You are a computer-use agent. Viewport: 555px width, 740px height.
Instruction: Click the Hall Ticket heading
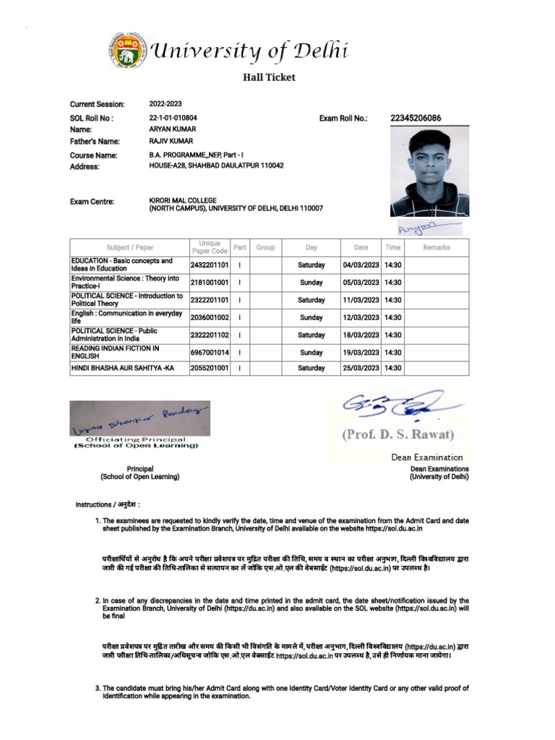tap(268, 77)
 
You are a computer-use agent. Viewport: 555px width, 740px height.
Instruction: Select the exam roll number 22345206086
tap(416, 118)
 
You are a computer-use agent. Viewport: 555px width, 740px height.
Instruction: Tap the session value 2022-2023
tap(165, 104)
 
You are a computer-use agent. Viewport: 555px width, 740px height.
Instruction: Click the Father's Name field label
tap(95, 142)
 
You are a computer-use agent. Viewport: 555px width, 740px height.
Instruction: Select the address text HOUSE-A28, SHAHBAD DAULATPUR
tap(216, 165)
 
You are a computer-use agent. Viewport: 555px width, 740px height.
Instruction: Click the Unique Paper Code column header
tap(210, 247)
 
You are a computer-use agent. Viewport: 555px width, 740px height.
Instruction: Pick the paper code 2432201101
tap(210, 265)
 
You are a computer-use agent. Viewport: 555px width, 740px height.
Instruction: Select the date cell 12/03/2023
tap(361, 317)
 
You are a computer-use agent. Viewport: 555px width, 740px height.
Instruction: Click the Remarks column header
tap(436, 247)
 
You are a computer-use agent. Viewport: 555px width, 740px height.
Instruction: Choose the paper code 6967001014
tap(210, 352)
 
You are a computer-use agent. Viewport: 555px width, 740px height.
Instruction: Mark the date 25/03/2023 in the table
tap(361, 368)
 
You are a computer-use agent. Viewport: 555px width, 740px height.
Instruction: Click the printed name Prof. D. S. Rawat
tap(397, 435)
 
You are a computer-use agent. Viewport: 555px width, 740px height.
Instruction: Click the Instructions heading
tap(108, 504)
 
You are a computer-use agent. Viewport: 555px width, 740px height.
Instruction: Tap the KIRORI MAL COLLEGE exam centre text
tap(183, 200)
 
